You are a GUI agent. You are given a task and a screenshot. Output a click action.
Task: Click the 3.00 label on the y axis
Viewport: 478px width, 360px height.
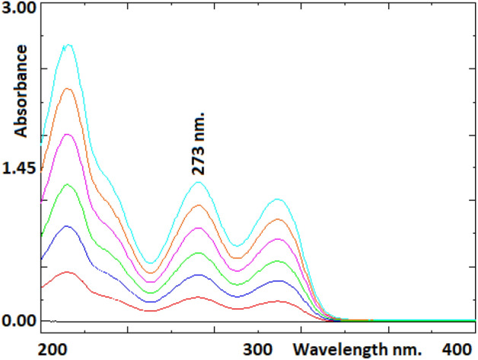click(18, 9)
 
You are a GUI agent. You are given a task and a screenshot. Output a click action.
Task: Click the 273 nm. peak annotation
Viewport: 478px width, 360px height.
click(200, 145)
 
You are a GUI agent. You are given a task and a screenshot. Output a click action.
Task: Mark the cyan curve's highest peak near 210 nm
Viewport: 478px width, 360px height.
click(68, 45)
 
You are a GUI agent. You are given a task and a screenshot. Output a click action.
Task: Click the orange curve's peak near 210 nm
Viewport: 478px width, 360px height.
click(68, 89)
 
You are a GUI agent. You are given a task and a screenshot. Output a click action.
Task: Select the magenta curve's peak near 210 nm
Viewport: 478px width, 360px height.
click(68, 134)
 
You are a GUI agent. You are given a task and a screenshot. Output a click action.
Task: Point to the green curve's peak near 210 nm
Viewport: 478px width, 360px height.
click(68, 184)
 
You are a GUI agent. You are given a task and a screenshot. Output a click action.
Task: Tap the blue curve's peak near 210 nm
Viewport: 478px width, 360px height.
click(68, 226)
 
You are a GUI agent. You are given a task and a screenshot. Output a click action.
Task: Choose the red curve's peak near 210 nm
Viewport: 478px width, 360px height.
click(68, 272)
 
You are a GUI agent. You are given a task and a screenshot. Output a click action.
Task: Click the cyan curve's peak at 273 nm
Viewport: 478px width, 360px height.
click(199, 182)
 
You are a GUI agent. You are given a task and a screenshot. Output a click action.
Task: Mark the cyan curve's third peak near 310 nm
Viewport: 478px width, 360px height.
click(279, 199)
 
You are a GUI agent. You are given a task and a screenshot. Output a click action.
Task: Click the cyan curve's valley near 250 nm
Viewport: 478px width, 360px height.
click(150, 263)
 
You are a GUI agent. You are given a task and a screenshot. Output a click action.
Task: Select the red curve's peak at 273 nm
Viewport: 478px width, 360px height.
click(199, 297)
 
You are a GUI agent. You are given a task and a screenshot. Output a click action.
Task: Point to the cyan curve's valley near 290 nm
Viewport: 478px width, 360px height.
click(237, 246)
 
